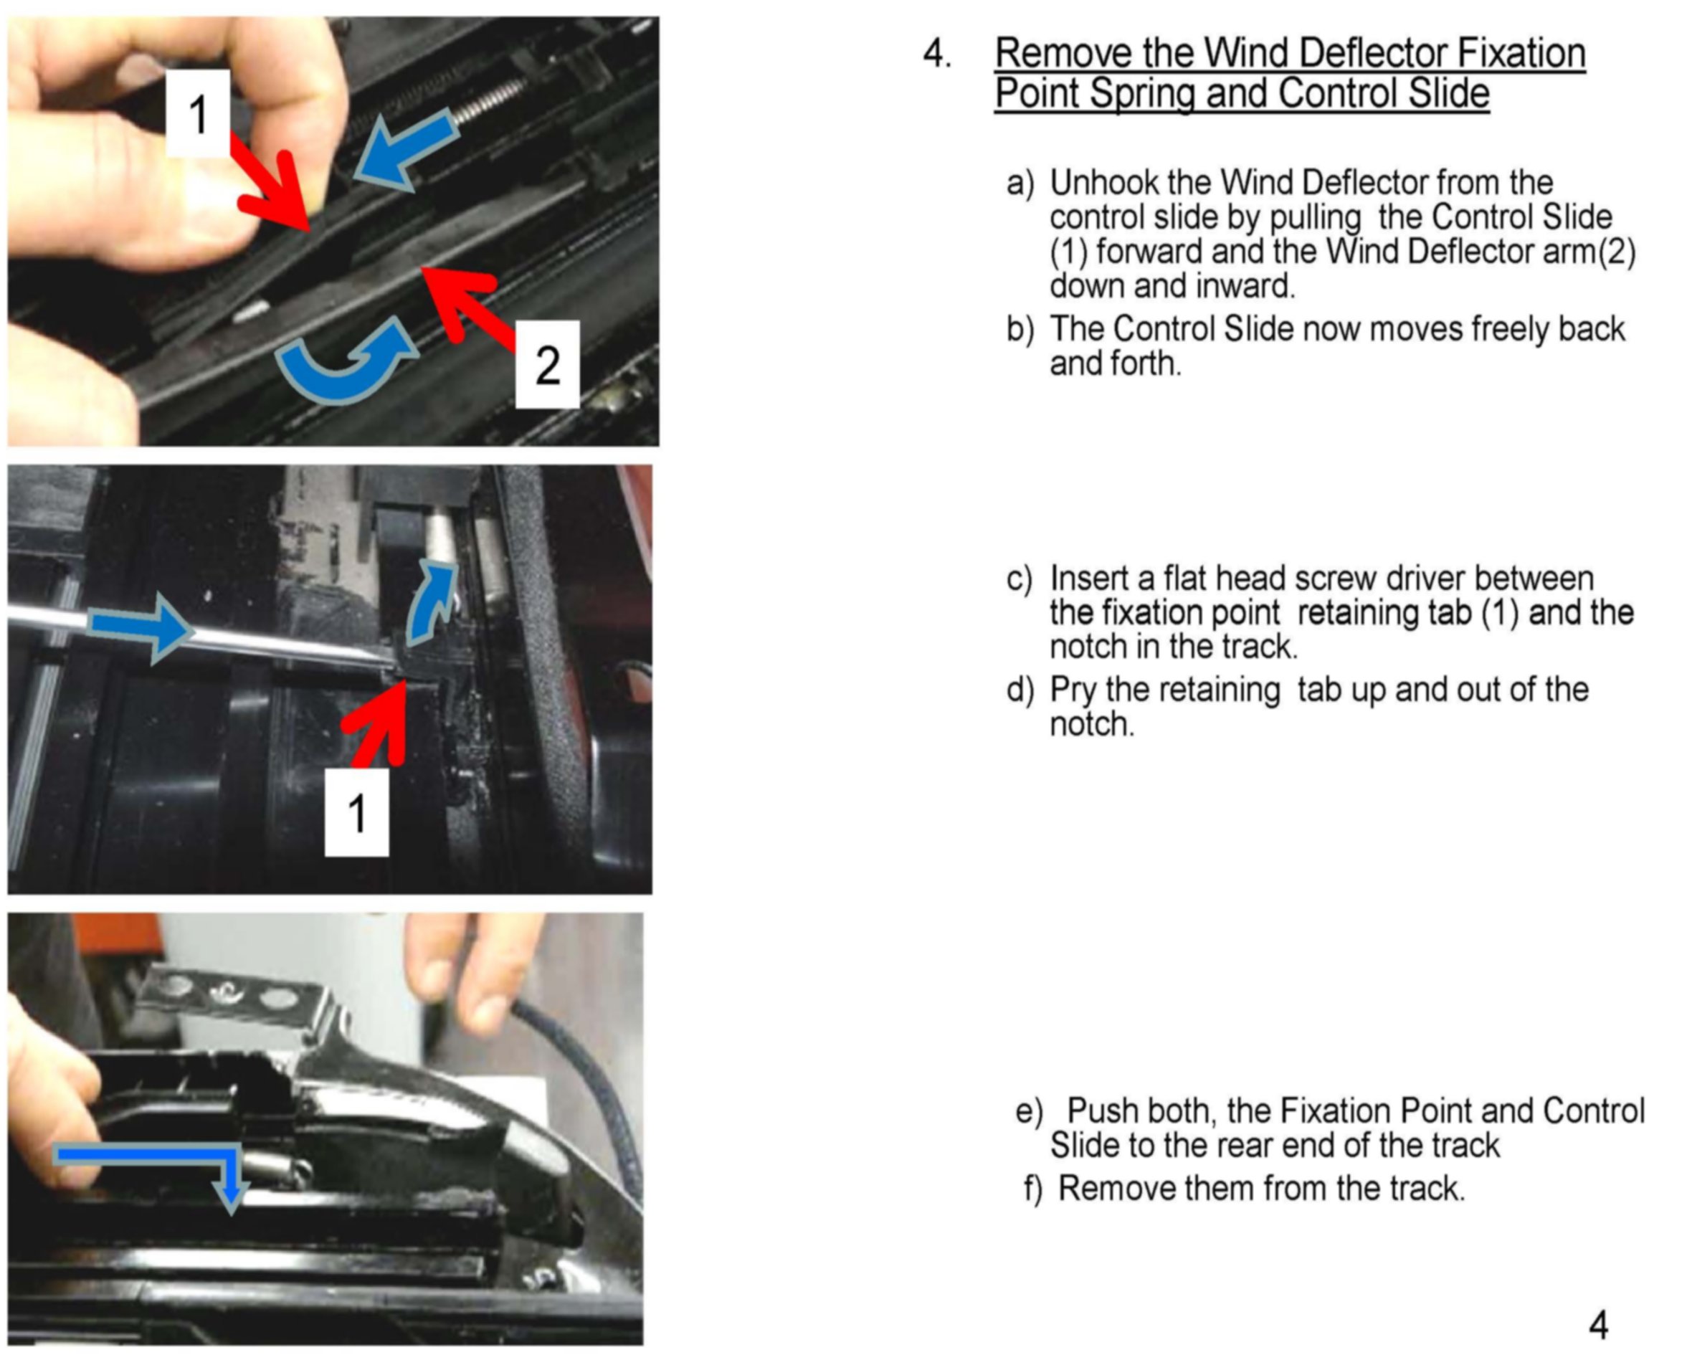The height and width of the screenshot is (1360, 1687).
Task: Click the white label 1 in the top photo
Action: pyautogui.click(x=199, y=113)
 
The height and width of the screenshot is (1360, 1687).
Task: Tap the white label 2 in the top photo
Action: pyautogui.click(x=547, y=364)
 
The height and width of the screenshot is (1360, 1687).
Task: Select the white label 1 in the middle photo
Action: pyautogui.click(x=356, y=812)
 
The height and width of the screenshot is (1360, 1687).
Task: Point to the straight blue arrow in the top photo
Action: pyautogui.click(x=404, y=151)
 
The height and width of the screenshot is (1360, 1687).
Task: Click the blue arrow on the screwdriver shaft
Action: pyautogui.click(x=141, y=627)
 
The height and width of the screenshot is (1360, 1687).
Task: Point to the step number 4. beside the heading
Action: pyautogui.click(x=937, y=53)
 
